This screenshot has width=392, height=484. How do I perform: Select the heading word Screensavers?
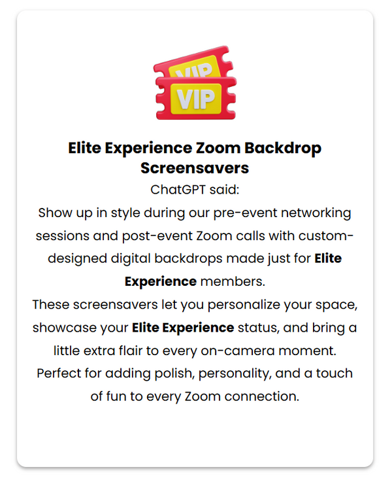click(x=195, y=167)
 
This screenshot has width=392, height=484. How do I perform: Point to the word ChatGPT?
click(x=180, y=190)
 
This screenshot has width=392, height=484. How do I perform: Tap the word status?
click(x=261, y=327)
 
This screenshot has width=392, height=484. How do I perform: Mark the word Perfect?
click(x=59, y=373)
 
